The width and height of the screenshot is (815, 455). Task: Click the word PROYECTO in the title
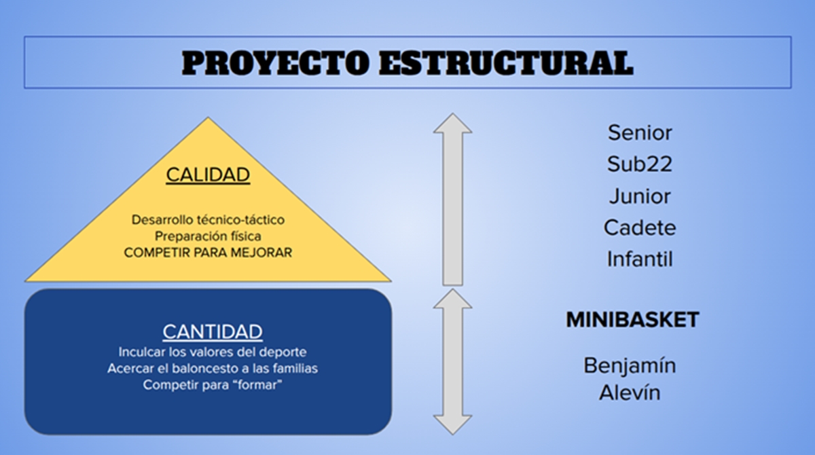pos(276,63)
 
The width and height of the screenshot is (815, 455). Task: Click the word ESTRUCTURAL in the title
pos(506,63)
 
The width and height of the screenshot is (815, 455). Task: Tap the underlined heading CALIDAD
pos(208,175)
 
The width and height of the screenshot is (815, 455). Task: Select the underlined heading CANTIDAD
pos(213,331)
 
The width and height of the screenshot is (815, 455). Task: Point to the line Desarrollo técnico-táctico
pos(208,219)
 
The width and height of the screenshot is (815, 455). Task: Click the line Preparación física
pos(208,236)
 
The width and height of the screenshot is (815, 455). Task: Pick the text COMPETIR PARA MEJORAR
pos(208,253)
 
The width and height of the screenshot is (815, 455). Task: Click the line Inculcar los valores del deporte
pos(213,352)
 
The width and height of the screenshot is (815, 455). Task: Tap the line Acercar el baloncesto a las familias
pos(213,369)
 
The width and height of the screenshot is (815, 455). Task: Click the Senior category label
pos(640,132)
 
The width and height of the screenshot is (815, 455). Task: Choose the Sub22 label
pos(640,164)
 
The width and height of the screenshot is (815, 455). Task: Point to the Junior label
pos(640,196)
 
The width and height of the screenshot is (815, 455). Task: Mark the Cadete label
pos(640,228)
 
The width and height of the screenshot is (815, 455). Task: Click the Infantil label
pos(640,259)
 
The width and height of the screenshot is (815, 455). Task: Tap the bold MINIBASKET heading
pos(632,320)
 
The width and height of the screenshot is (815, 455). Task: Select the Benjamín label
pos(630,366)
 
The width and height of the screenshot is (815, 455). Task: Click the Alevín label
pos(630,393)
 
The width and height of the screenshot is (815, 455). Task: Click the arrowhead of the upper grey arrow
pos(452,123)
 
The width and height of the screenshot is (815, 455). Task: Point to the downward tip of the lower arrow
pos(452,435)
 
